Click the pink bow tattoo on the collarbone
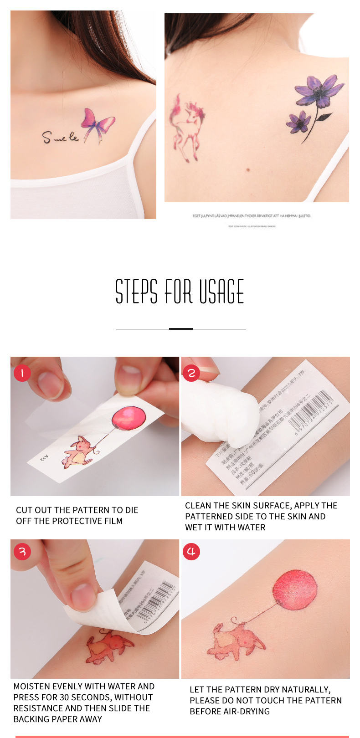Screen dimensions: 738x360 click(98, 123)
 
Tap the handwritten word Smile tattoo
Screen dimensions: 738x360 click(60, 137)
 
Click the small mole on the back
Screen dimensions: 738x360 click(248, 170)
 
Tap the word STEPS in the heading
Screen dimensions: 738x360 click(136, 292)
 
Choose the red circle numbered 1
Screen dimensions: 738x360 click(22, 373)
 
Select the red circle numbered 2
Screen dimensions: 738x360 click(191, 373)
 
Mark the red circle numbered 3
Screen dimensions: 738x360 click(22, 552)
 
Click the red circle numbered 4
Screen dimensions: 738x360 click(191, 552)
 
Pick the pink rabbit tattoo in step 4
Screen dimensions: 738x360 click(235, 640)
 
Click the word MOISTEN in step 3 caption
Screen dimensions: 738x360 click(32, 687)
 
